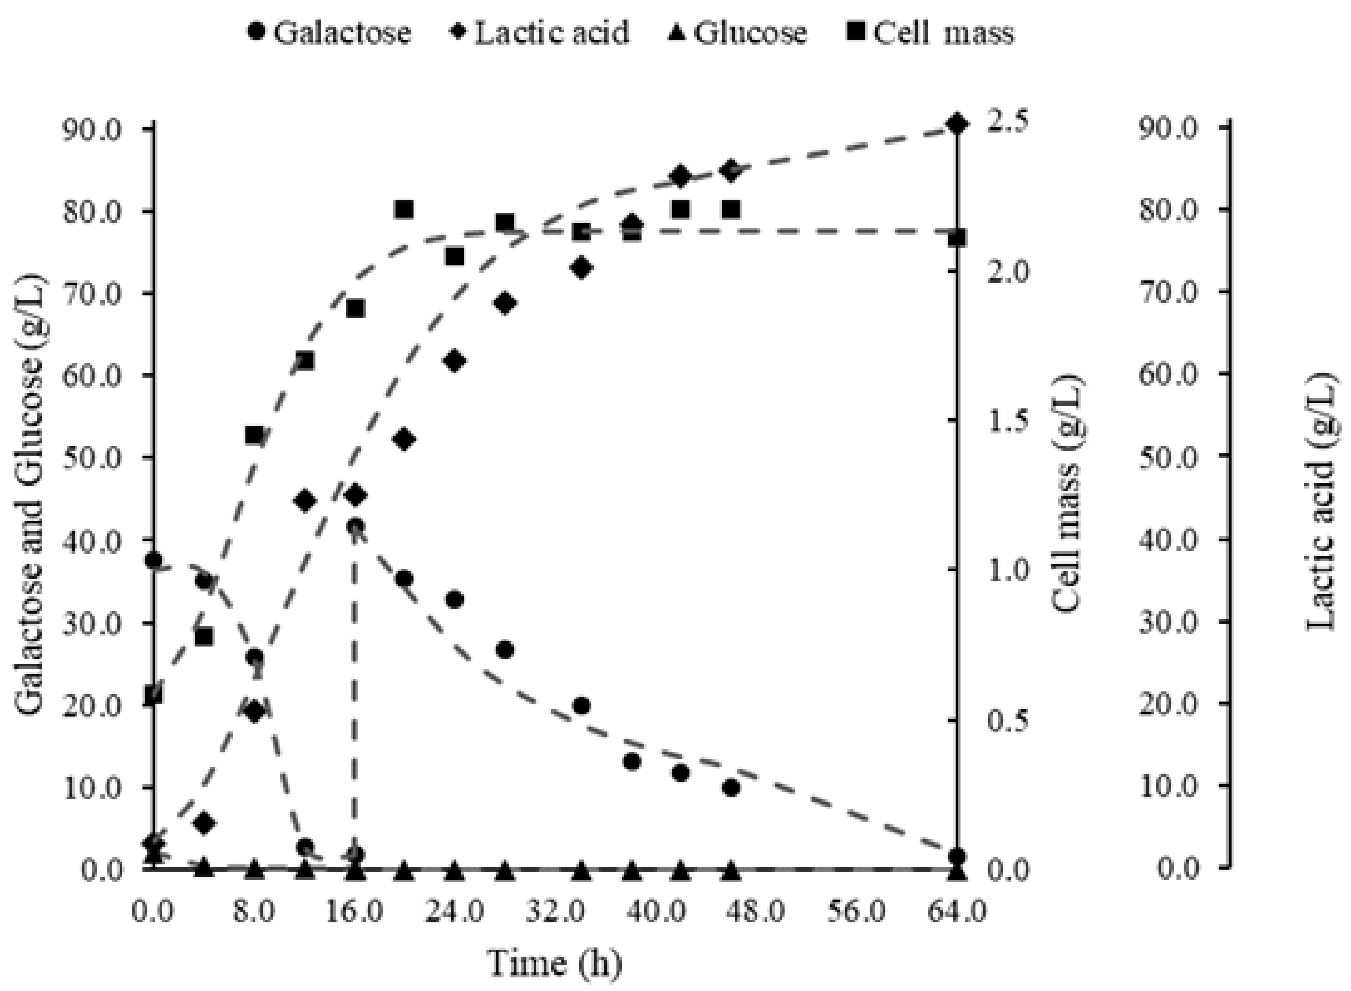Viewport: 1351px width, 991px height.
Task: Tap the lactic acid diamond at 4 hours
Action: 205,824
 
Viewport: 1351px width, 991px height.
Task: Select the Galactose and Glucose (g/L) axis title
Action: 31,495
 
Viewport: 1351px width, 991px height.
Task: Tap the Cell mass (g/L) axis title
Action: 1067,495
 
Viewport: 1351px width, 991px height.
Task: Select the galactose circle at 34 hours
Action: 580,706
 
